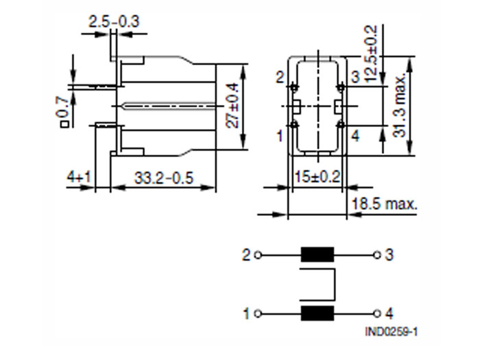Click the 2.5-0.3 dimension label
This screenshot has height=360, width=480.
click(x=114, y=22)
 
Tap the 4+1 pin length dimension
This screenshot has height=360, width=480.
click(x=80, y=178)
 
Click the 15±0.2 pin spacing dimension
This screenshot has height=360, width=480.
click(x=316, y=177)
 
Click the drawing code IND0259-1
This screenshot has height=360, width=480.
click(x=392, y=332)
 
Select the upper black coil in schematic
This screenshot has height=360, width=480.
click(x=317, y=255)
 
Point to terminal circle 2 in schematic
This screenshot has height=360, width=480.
click(x=258, y=255)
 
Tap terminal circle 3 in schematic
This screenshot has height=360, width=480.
click(x=376, y=255)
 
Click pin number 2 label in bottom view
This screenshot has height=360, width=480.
click(x=280, y=77)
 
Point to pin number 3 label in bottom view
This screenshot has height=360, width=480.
click(x=355, y=77)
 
